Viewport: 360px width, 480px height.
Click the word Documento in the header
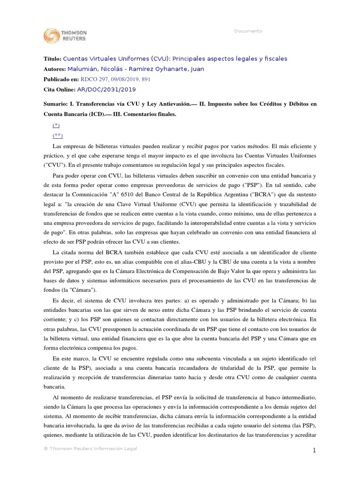pyautogui.click(x=248, y=31)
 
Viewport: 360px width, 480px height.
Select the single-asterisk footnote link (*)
pyautogui.click(x=56, y=126)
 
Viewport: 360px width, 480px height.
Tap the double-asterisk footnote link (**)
pyautogui.click(x=57, y=136)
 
